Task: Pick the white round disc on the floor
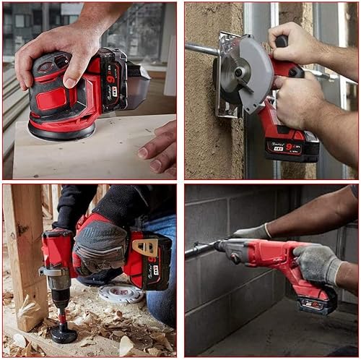pyautogui.click(x=121, y=293)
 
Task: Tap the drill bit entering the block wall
pyautogui.click(x=199, y=250)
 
